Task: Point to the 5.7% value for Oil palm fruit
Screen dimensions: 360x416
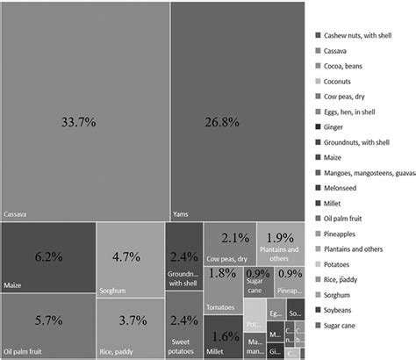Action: [48, 320]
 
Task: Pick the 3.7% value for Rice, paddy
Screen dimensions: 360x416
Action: [128, 320]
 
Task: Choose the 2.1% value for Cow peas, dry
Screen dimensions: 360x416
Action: [235, 238]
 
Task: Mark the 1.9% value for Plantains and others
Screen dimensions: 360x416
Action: [280, 238]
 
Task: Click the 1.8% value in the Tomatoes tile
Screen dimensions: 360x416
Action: [223, 274]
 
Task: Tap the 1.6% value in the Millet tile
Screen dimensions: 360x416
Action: [226, 336]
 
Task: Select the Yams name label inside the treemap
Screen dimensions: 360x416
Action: [182, 213]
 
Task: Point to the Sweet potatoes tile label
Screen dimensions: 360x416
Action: [183, 343]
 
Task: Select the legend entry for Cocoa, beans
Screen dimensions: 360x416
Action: [345, 66]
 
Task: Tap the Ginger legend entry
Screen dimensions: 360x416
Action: [334, 127]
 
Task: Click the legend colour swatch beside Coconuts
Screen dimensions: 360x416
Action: [317, 82]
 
